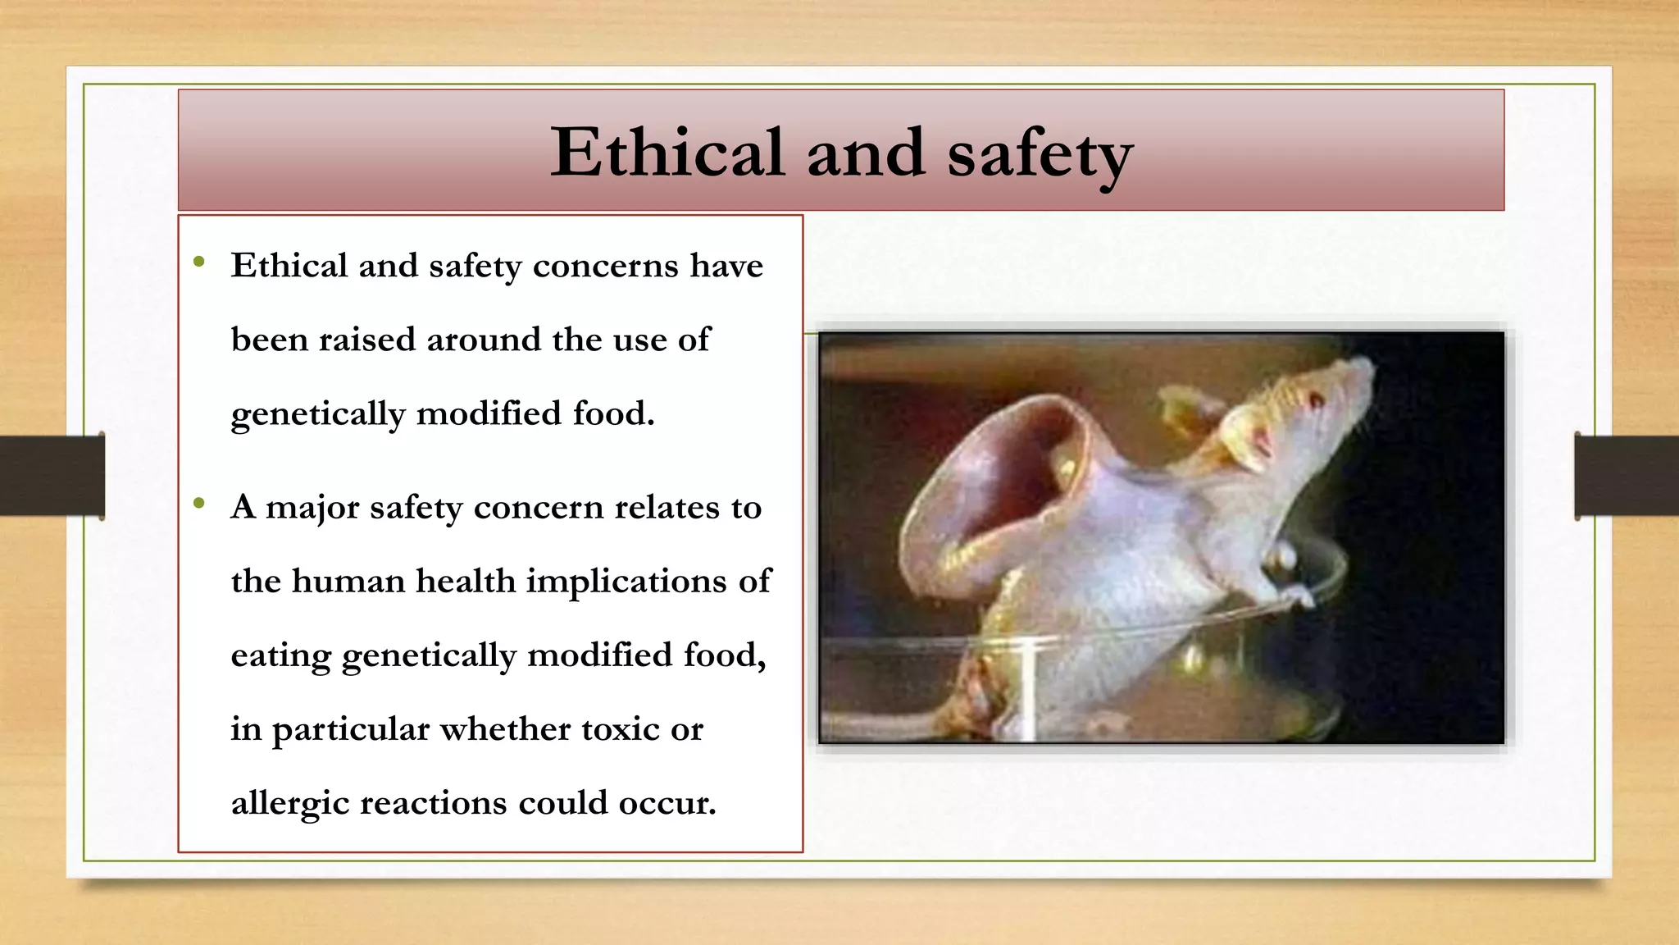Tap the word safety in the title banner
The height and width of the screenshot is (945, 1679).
(1040, 154)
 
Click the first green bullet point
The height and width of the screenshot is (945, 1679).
(199, 262)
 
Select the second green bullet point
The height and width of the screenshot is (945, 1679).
(199, 504)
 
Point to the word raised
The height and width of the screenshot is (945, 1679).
(367, 340)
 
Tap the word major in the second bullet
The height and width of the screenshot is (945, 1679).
(312, 508)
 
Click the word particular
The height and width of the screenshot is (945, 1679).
(351, 730)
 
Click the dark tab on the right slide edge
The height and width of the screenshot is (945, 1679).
(1627, 476)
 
